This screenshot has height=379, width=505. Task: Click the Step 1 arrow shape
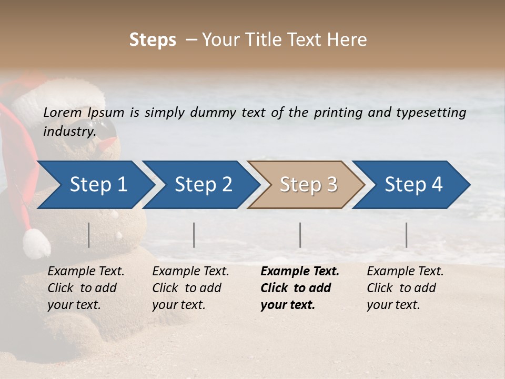pyautogui.click(x=95, y=185)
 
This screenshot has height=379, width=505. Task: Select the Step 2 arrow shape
pyautogui.click(x=200, y=185)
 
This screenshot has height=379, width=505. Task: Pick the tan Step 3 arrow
pyautogui.click(x=305, y=185)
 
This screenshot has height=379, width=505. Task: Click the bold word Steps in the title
pyautogui.click(x=153, y=39)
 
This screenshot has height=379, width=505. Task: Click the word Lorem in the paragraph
pyautogui.click(x=63, y=112)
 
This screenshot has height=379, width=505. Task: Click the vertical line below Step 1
pyautogui.click(x=89, y=235)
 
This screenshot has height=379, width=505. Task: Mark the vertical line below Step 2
pyautogui.click(x=194, y=235)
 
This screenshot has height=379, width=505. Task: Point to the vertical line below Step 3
pyautogui.click(x=300, y=235)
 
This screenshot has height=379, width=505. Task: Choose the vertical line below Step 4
pyautogui.click(x=406, y=235)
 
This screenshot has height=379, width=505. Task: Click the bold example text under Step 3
pyautogui.click(x=300, y=288)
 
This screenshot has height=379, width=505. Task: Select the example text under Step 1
pyautogui.click(x=86, y=288)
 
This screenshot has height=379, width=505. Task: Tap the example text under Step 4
pyautogui.click(x=405, y=288)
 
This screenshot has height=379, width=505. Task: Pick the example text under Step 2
pyautogui.click(x=190, y=288)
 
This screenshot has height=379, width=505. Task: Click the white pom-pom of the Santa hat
pyautogui.click(x=36, y=243)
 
